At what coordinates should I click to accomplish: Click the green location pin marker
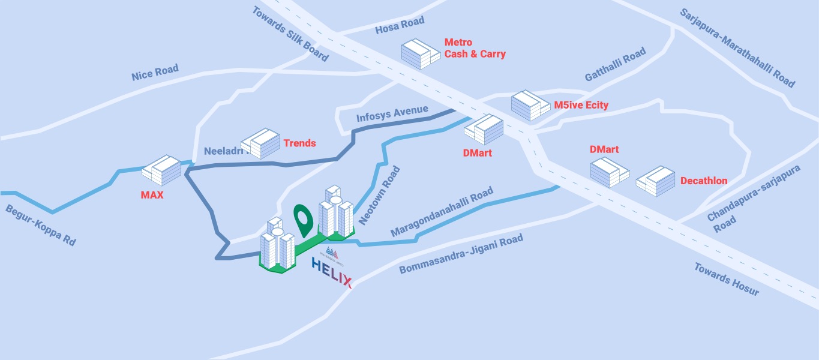pyautogui.click(x=304, y=219)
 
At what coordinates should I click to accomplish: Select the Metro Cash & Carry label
pyautogui.click(x=475, y=49)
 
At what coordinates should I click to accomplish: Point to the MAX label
pyautogui.click(x=152, y=196)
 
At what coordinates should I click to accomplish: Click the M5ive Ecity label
pyautogui.click(x=581, y=106)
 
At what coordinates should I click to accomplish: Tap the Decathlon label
pyautogui.click(x=704, y=181)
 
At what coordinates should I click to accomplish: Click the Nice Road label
pyautogui.click(x=155, y=73)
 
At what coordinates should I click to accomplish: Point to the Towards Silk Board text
pyautogui.click(x=290, y=34)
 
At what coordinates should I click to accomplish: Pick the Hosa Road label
pyautogui.click(x=400, y=25)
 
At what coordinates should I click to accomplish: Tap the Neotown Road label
pyautogui.click(x=379, y=196)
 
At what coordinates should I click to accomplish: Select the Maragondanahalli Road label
pyautogui.click(x=442, y=212)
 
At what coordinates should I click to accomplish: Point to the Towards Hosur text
pyautogui.click(x=727, y=279)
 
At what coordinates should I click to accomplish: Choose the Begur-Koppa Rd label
pyautogui.click(x=41, y=226)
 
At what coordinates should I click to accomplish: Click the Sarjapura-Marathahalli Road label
pyautogui.click(x=737, y=48)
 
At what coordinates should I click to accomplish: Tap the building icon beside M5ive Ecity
pyautogui.click(x=530, y=106)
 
